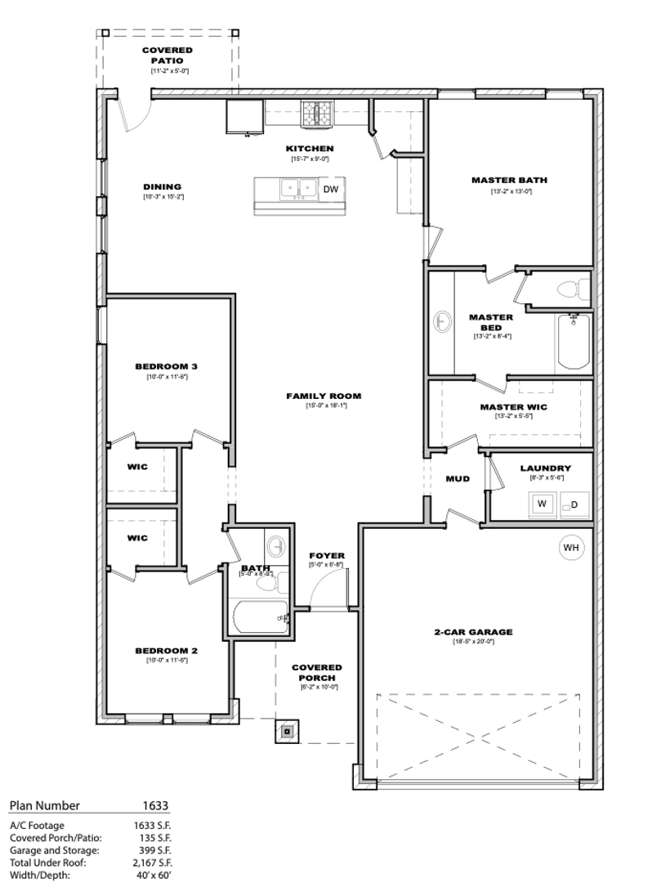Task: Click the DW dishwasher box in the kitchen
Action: pyautogui.click(x=330, y=189)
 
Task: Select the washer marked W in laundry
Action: pyautogui.click(x=542, y=504)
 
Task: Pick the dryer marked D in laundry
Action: pyautogui.click(x=574, y=504)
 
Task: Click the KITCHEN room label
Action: pyautogui.click(x=309, y=148)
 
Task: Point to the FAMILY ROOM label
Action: pyautogui.click(x=323, y=396)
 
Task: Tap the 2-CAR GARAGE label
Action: pyautogui.click(x=473, y=631)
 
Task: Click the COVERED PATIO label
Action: pyautogui.click(x=167, y=56)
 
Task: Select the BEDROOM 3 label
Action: pyautogui.click(x=167, y=366)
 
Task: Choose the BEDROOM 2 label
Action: pyautogui.click(x=167, y=651)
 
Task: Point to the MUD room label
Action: pyautogui.click(x=458, y=478)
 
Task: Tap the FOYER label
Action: pyautogui.click(x=327, y=556)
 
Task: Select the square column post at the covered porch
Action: pyautogui.click(x=288, y=732)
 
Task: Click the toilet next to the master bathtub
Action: pyautogui.click(x=573, y=288)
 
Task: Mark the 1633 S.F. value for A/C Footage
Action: pyautogui.click(x=152, y=826)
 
